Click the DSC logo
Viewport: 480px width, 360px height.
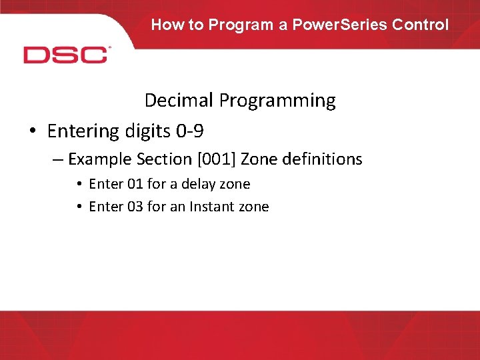66,55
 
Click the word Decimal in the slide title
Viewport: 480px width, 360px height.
179,101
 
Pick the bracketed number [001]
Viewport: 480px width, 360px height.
216,159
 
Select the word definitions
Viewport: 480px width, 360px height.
321,159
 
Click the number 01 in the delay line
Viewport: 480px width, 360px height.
135,184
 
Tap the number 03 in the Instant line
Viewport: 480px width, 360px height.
135,207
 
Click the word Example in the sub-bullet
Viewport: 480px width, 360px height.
95,159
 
